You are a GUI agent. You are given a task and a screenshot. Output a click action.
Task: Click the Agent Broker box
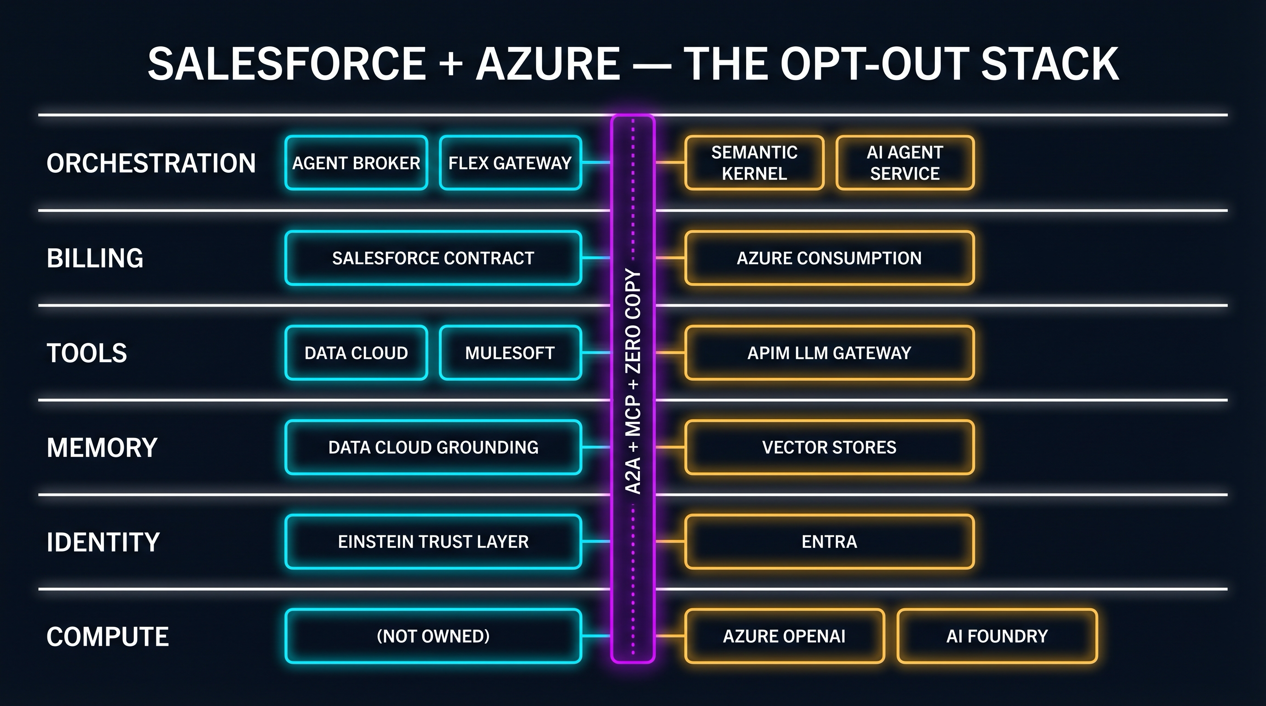click(x=356, y=163)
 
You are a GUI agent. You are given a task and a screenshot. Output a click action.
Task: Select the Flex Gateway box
click(x=510, y=163)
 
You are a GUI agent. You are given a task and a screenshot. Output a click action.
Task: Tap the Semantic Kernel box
click(x=754, y=163)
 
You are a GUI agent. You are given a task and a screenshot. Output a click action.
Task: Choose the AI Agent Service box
click(x=905, y=163)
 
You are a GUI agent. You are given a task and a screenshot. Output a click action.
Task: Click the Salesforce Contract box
click(x=433, y=258)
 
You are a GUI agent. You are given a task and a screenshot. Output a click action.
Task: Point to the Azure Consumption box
click(x=829, y=258)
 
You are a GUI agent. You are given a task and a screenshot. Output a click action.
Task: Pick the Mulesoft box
click(x=510, y=353)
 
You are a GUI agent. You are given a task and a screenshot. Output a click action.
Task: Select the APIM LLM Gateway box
click(x=829, y=353)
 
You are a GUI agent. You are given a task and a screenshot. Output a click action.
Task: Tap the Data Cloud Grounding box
click(x=433, y=447)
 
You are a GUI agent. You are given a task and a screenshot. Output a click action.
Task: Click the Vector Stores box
click(x=829, y=447)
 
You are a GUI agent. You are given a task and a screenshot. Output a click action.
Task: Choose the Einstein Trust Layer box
click(x=433, y=541)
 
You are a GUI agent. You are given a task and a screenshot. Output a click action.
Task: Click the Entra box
click(x=829, y=541)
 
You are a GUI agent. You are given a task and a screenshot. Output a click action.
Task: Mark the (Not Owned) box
click(x=433, y=636)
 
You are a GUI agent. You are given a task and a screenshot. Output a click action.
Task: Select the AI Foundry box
click(x=997, y=636)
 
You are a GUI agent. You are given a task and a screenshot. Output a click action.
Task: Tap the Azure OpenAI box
click(x=784, y=636)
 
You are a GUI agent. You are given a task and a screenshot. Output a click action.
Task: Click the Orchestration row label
click(x=151, y=163)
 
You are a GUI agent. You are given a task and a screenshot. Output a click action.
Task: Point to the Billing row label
click(x=95, y=258)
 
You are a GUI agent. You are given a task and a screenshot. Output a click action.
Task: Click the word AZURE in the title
click(x=547, y=64)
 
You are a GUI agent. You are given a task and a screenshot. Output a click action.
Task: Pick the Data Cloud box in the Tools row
click(x=356, y=353)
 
